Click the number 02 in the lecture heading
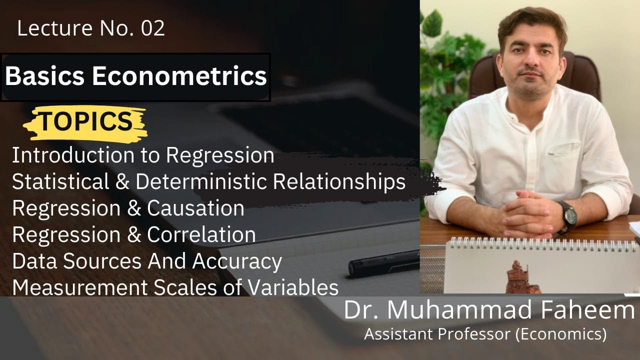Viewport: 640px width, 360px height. pyautogui.click(x=153, y=29)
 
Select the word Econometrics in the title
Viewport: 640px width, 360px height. pyautogui.click(x=179, y=76)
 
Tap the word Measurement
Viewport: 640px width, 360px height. pyautogui.click(x=76, y=287)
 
